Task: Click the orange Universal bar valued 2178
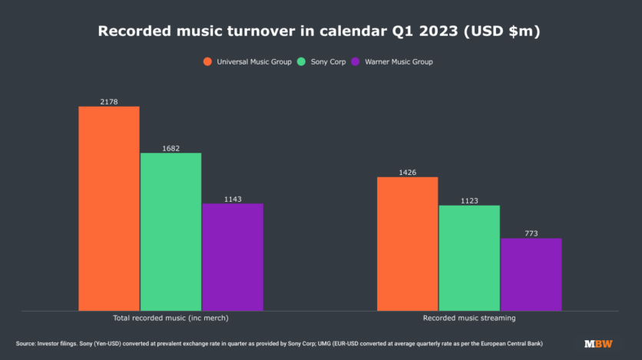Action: pos(109,209)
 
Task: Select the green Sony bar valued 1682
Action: pos(170,232)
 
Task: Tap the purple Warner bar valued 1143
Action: pos(233,257)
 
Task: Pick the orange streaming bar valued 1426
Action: pos(407,244)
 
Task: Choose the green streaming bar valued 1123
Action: pos(469,258)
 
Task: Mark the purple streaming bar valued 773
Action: pos(531,275)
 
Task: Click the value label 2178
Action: pos(109,102)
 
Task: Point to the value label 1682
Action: pos(170,148)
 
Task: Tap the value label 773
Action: pos(531,233)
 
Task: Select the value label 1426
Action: pos(407,173)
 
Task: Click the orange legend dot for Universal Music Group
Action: pos(207,61)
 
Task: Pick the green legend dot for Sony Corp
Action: pos(301,61)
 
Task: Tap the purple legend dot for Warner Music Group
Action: pos(356,61)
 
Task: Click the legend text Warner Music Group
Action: pos(399,61)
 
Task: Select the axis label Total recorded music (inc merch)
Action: pos(170,318)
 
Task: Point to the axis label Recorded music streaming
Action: pos(469,318)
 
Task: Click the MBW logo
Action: pos(598,344)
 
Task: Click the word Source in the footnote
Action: pos(25,344)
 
